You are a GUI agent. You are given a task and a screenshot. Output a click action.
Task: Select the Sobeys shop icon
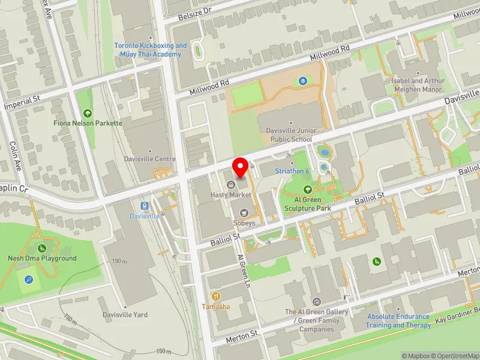pyautogui.click(x=244, y=212)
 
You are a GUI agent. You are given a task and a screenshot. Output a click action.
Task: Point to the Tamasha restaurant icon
pyautogui.click(x=216, y=296)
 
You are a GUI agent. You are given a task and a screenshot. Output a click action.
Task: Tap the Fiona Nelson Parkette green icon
pyautogui.click(x=88, y=113)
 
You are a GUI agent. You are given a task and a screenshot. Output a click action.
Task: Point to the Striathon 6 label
pyautogui.click(x=292, y=171)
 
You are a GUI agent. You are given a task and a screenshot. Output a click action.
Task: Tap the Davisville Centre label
pyautogui.click(x=149, y=159)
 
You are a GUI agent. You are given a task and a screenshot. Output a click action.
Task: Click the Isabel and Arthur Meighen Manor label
pyautogui.click(x=418, y=85)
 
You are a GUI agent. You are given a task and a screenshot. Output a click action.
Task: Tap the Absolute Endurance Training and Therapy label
pyautogui.click(x=398, y=321)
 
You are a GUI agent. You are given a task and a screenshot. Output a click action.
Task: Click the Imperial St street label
pyautogui.click(x=21, y=103)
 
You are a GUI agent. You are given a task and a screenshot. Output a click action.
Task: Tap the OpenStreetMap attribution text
pyautogui.click(x=454, y=356)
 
